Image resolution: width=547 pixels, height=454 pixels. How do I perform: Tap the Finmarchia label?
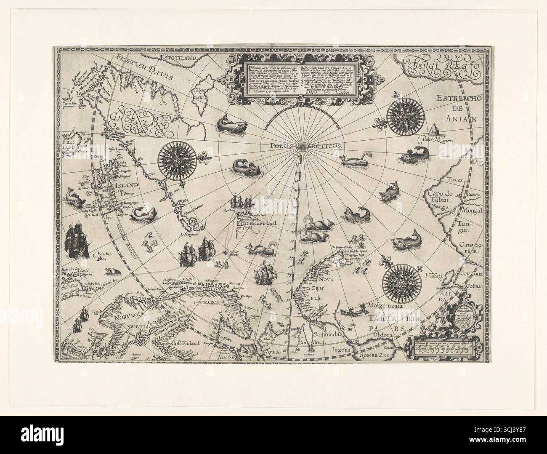[213, 303]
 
